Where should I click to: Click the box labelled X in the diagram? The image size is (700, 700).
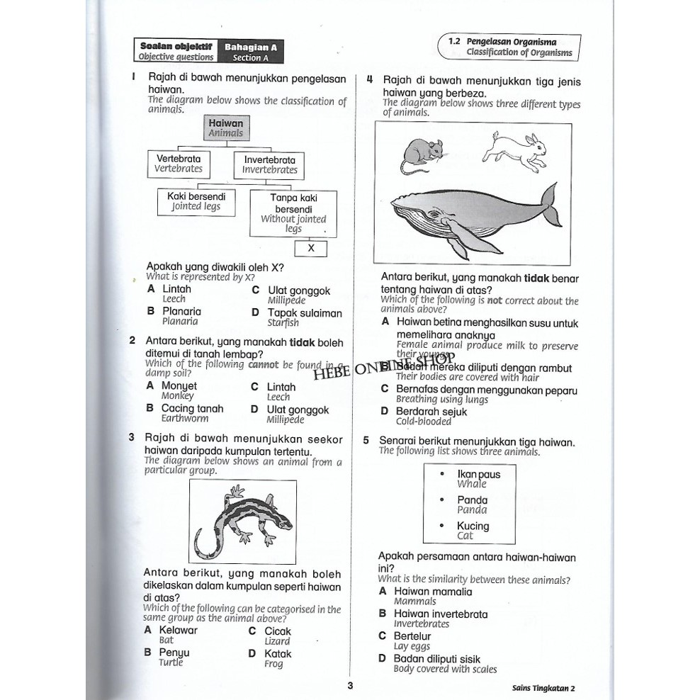311,249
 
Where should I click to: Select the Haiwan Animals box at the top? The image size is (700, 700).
226,128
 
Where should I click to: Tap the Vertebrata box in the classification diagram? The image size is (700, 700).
179,164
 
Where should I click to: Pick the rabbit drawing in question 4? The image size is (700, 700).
515,152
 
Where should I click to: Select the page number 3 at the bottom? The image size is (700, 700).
350,685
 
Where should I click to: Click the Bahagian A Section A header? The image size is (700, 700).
251,52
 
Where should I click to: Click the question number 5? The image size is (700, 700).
366,440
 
